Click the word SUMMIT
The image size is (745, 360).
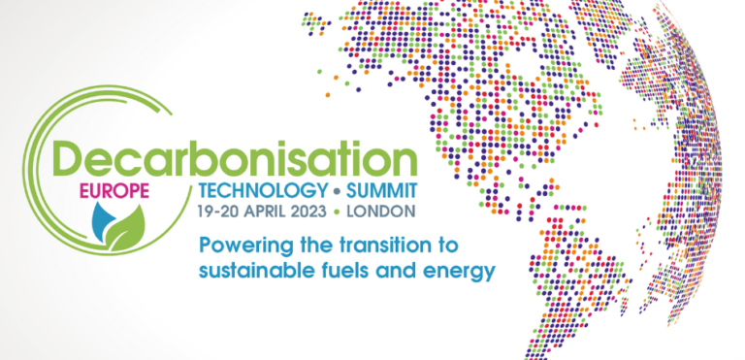(375, 190)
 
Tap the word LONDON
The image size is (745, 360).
(380, 210)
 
